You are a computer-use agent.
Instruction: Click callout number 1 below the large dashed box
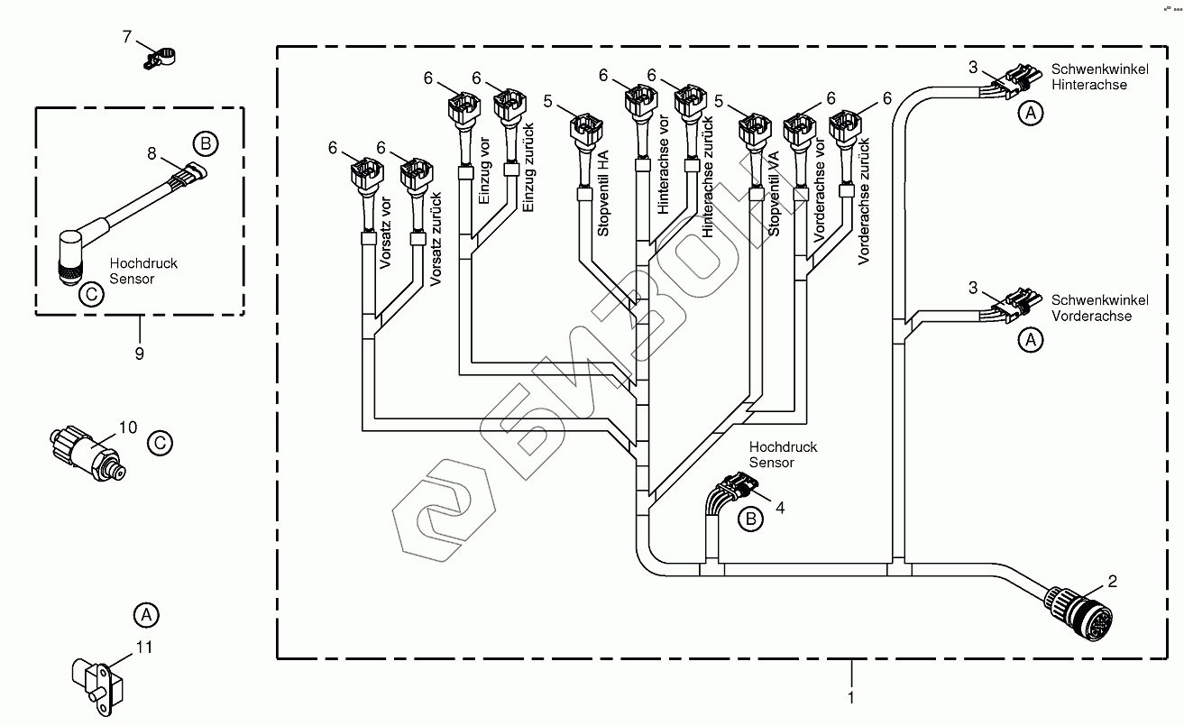coord(850,697)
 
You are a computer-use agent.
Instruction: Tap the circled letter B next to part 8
coord(206,142)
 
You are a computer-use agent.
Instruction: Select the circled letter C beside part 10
coord(159,443)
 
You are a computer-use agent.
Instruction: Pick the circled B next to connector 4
coord(749,519)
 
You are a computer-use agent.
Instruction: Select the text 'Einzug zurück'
coord(528,170)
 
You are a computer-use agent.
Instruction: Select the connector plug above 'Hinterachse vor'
coord(642,99)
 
